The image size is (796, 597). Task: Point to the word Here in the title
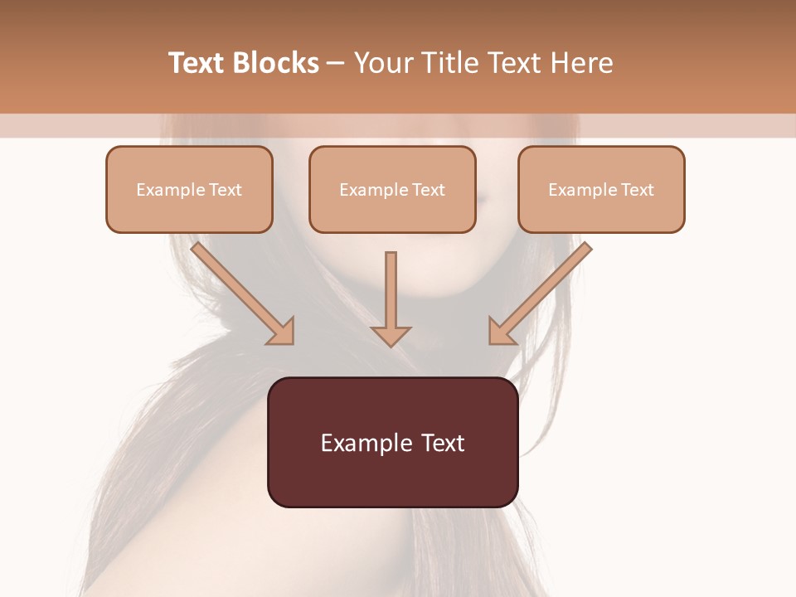tap(581, 63)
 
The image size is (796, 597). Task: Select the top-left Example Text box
tap(189, 189)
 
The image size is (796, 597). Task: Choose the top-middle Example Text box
tap(392, 189)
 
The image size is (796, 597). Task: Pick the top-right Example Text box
tap(601, 189)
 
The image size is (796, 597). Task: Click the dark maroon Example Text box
tap(392, 442)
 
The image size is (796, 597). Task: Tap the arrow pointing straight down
tap(391, 298)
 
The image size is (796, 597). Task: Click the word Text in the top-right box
tap(637, 190)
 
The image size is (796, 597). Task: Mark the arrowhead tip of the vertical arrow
tap(391, 345)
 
